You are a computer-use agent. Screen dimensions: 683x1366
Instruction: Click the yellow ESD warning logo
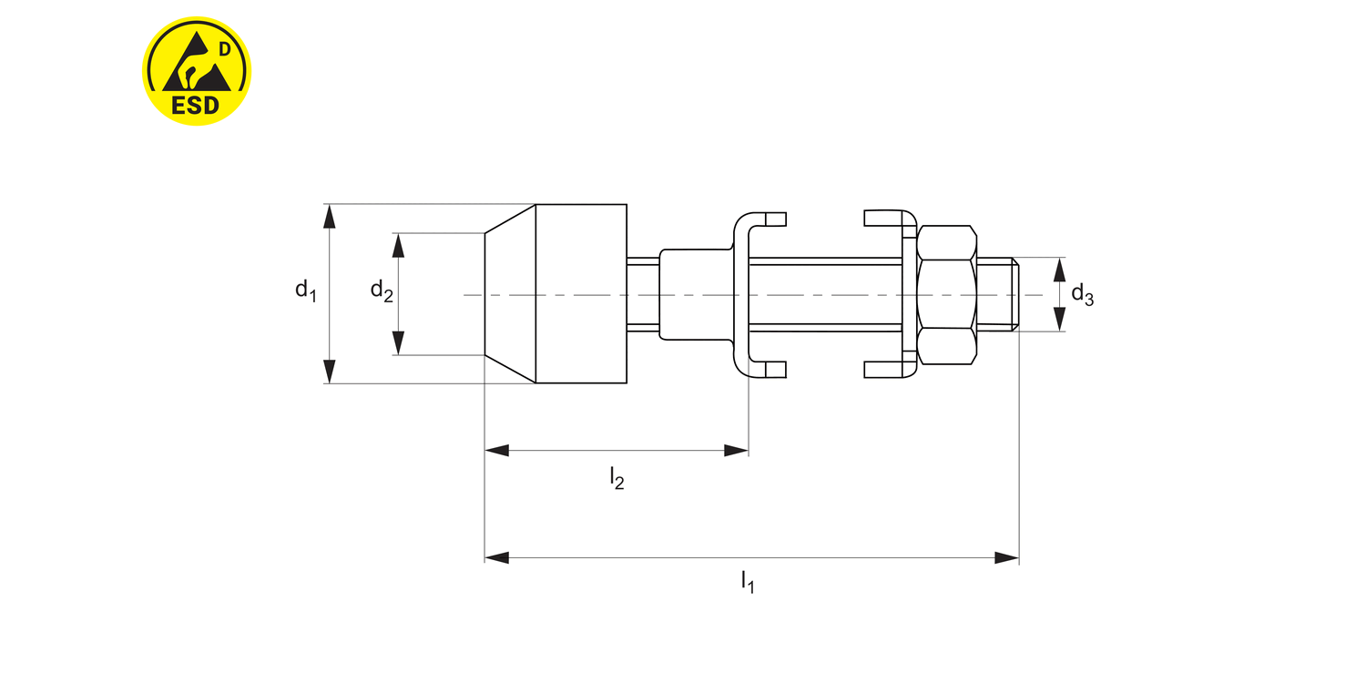[x=197, y=70]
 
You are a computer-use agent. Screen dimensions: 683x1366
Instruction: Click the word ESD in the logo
[x=196, y=104]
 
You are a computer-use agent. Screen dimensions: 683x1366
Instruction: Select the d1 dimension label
[x=305, y=291]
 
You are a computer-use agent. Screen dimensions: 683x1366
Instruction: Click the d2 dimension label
[x=381, y=291]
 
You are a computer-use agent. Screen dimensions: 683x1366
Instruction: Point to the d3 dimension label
[x=1082, y=294]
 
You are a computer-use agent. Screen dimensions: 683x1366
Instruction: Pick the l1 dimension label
[x=747, y=581]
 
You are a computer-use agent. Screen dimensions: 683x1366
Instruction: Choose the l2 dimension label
[x=617, y=478]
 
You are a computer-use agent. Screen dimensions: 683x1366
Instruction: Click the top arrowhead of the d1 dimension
[x=330, y=216]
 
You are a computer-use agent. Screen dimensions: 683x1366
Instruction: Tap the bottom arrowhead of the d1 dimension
[x=330, y=372]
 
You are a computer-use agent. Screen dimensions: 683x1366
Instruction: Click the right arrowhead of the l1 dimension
[x=1005, y=557]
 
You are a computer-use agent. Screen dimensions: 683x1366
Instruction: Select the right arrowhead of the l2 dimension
[x=736, y=450]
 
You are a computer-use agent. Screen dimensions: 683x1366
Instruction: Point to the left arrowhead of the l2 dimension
[x=497, y=450]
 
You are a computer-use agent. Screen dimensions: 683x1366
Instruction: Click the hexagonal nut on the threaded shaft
[x=947, y=294]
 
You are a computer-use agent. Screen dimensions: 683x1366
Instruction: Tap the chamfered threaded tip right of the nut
[x=998, y=294]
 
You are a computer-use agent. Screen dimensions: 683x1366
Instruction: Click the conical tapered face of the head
[x=510, y=294]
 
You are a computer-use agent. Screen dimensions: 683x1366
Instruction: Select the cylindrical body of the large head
[x=581, y=294]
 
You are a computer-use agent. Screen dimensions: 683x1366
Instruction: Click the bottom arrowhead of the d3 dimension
[x=1059, y=320]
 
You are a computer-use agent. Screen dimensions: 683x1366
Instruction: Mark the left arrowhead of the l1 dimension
[x=497, y=557]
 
